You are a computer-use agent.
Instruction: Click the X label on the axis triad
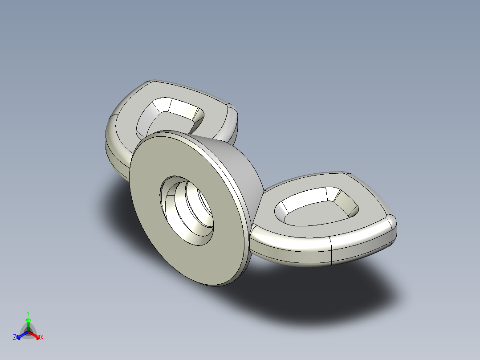click(41, 338)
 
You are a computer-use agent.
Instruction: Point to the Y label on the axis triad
click(28, 313)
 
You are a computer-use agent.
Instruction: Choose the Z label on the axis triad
click(15, 338)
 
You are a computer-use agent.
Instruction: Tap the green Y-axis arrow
click(28, 322)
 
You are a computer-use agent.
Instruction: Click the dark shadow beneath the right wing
click(312, 290)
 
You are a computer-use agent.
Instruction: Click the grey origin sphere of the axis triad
click(28, 332)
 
